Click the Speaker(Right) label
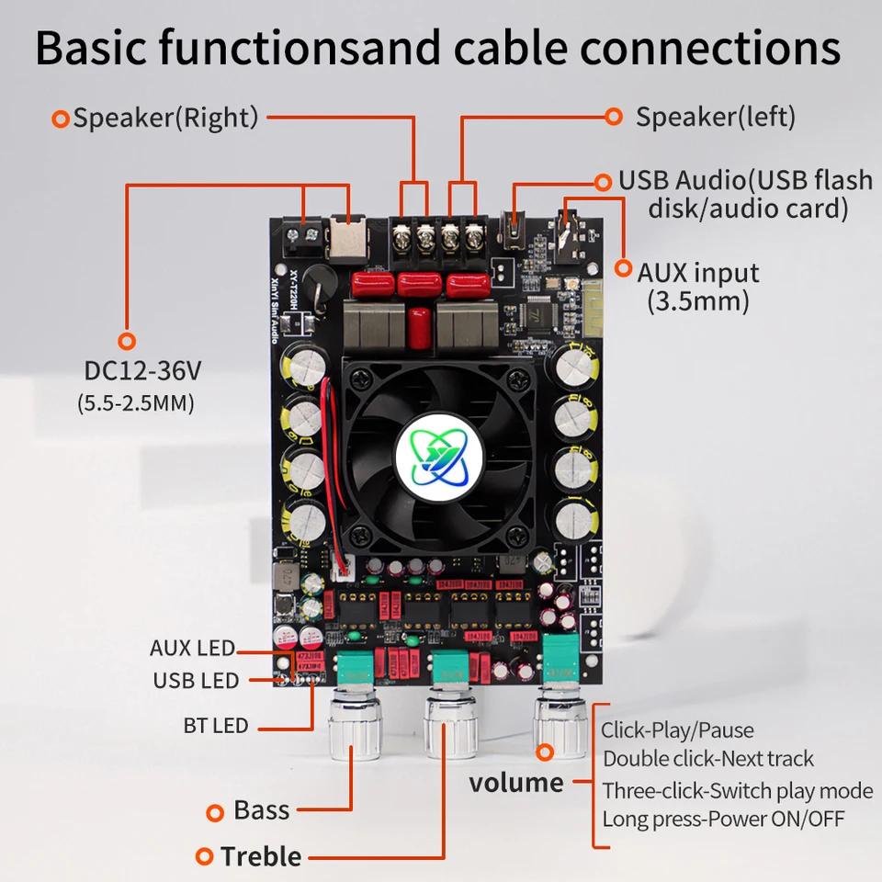[x=165, y=118]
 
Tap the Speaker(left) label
[x=715, y=117]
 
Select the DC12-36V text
[x=142, y=372]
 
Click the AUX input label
[x=698, y=273]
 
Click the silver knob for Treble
[x=450, y=726]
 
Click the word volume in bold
[x=516, y=783]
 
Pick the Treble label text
[x=261, y=857]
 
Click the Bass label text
[x=262, y=810]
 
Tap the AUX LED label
[x=192, y=649]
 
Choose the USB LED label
[x=196, y=681]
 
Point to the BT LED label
[x=216, y=726]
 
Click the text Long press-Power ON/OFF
[x=723, y=819]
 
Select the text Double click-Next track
[x=708, y=759]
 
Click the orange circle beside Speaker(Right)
[x=61, y=119]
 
